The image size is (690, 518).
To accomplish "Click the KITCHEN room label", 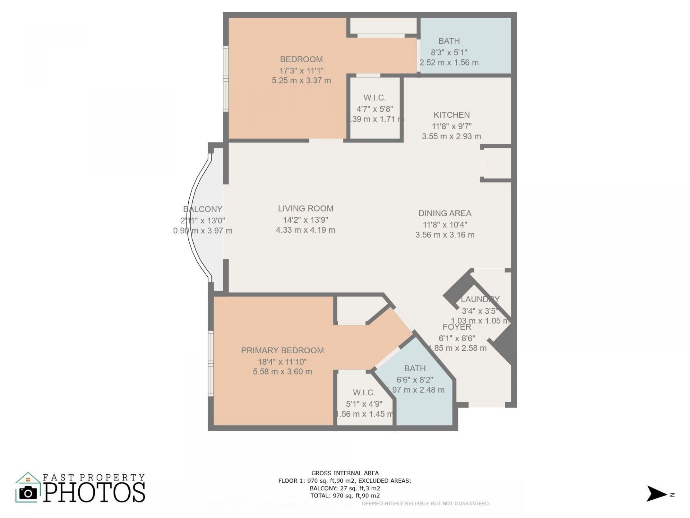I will point(451,115).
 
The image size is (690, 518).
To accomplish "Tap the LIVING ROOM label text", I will point(305,209).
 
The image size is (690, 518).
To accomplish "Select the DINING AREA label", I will point(445,213).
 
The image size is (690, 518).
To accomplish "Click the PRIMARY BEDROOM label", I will point(282,350).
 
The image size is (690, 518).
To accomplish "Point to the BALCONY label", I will point(203,209).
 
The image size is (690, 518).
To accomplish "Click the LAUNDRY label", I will point(480,299).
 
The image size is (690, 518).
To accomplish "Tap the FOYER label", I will point(457,327).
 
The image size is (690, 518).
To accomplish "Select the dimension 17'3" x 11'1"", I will point(302,71).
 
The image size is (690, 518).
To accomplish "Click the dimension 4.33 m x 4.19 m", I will point(305,230).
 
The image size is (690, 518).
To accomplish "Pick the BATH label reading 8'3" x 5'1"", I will point(449,41).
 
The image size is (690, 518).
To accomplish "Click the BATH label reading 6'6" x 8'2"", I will point(415,368).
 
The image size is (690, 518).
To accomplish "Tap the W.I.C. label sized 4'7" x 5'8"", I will point(374,98).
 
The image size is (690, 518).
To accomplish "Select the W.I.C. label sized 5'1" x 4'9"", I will point(364,393).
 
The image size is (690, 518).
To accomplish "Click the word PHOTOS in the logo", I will point(95,492).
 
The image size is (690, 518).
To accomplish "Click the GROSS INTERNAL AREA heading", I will point(345,473).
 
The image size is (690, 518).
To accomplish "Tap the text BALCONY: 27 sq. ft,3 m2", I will point(345,488).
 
